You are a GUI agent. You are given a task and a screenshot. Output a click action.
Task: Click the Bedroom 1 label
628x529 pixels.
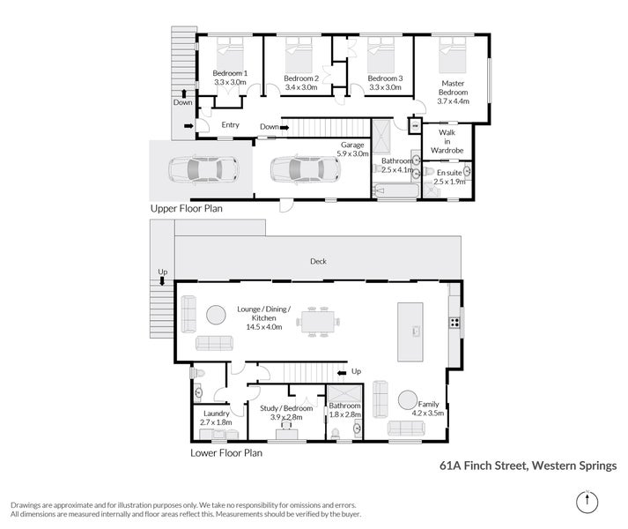(x=231, y=73)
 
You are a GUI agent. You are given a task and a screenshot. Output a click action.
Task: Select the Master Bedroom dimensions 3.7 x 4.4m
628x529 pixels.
(x=454, y=101)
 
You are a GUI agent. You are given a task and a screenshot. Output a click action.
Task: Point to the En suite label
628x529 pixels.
(x=448, y=173)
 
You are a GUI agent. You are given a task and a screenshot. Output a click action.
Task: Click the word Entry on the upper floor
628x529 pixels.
(x=230, y=125)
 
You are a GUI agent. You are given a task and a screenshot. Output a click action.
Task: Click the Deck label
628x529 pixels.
(x=320, y=262)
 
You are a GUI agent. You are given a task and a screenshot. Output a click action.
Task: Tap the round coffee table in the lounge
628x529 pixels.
(x=216, y=314)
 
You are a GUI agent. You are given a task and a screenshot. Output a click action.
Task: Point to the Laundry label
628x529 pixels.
(x=217, y=414)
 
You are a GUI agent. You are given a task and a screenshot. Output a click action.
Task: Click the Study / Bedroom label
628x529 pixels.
(x=287, y=408)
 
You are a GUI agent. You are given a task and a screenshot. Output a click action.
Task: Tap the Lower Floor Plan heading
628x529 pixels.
(x=226, y=454)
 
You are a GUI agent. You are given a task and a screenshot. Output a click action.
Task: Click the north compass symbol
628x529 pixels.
(x=586, y=502)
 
